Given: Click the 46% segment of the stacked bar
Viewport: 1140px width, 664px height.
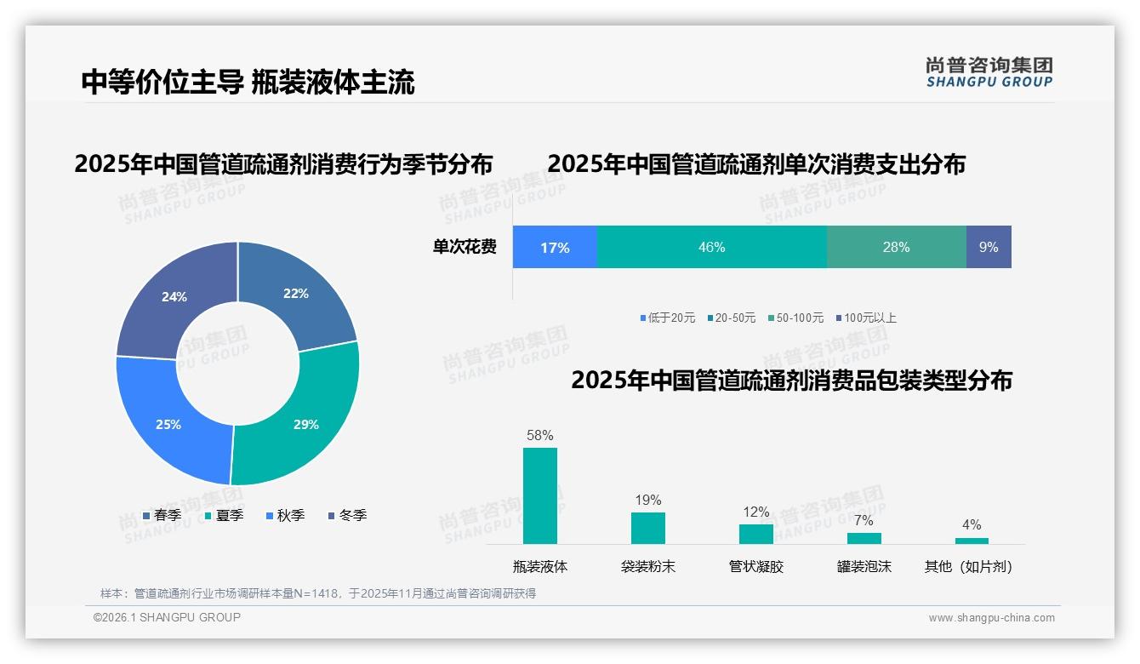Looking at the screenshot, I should pos(711,247).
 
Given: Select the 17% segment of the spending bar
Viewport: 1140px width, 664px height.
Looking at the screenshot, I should pos(555,247).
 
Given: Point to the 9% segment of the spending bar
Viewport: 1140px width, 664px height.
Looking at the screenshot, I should pos(989,247).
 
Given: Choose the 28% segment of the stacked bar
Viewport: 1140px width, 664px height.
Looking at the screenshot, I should pos(896,247).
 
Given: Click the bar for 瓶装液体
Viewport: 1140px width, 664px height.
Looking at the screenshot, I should pos(540,495).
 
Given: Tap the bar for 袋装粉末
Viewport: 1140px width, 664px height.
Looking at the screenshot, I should pos(648,528).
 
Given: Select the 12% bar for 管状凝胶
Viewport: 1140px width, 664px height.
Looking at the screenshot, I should pos(756,534).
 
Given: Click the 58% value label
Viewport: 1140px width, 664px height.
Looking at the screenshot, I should pos(540,435).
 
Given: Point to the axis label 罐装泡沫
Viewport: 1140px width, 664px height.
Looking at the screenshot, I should pos(864,566).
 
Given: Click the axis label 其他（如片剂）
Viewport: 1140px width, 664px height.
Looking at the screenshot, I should pos(969,566).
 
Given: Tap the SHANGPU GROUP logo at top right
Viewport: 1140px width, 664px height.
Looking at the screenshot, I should pos(989,72).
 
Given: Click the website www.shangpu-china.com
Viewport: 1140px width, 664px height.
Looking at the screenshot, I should pos(991,618).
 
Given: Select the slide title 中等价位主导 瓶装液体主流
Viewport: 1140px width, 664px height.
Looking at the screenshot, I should pos(248,83).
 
